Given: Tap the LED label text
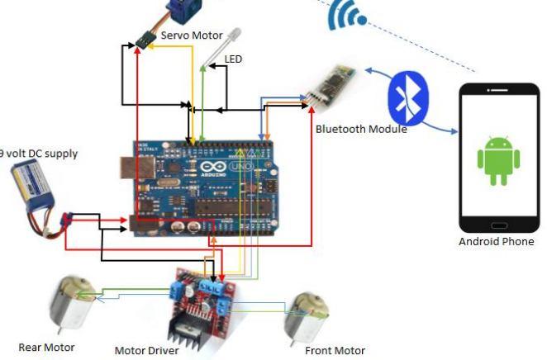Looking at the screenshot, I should point(234,59).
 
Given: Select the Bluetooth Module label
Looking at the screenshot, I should point(361,129).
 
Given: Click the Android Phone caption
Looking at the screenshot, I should point(497,242).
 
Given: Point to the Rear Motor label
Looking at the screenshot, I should point(46,348).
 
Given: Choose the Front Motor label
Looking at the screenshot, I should point(335,350).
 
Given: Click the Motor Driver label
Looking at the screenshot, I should point(146,351).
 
